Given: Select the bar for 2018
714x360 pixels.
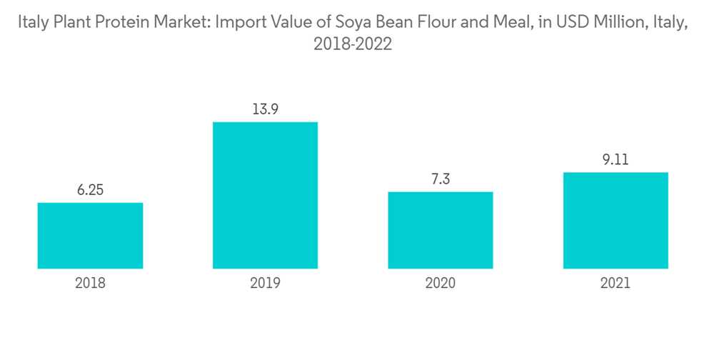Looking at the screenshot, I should click(90, 236).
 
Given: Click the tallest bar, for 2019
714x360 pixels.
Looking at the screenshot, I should click(265, 195).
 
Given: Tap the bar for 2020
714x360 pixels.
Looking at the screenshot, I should click(441, 230).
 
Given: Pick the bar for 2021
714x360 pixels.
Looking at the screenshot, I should click(615, 220).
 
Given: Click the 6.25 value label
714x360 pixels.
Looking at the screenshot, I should click(90, 191).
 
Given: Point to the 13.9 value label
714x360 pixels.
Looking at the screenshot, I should click(265, 110).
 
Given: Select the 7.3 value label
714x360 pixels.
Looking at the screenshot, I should click(441, 179).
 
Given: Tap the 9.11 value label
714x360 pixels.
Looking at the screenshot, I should click(615, 160).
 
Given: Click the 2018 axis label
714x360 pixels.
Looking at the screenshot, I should click(90, 283).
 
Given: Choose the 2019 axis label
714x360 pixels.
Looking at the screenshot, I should click(265, 283).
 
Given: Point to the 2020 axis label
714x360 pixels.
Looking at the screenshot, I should click(441, 283).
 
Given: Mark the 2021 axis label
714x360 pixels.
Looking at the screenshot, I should click(615, 283).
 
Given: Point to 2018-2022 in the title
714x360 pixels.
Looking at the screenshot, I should click(353, 45).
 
